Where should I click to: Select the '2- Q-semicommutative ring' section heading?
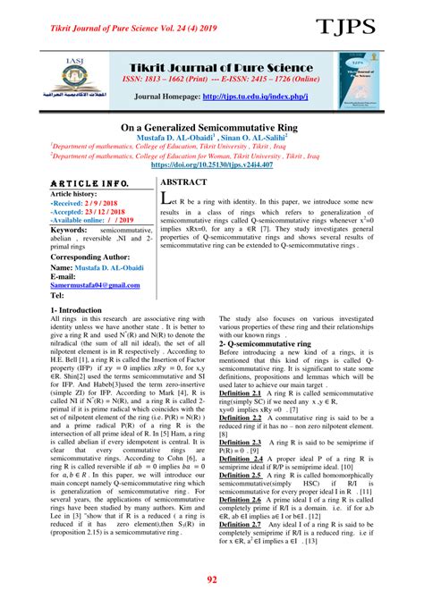272,342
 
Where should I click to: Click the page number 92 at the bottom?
212,580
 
